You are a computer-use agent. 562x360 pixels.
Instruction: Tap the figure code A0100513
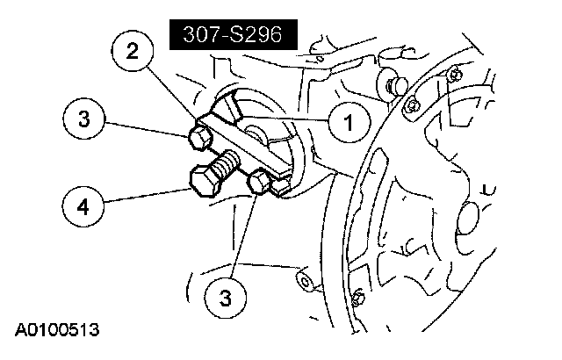point(56,331)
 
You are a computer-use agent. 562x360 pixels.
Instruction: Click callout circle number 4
point(83,207)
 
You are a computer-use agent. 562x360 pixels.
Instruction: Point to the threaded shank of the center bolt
point(229,163)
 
